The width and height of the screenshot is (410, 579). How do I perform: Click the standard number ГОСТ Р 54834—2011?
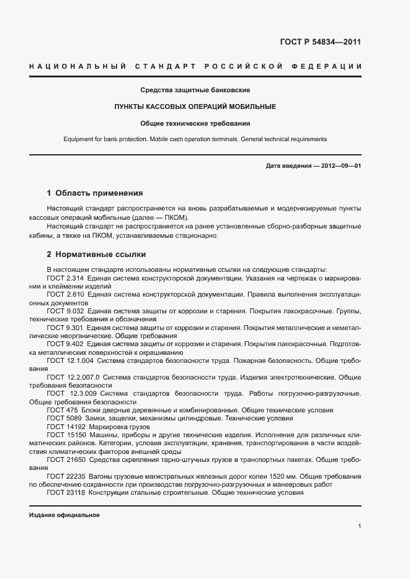[316, 43]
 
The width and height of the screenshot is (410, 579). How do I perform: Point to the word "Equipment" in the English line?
[78, 139]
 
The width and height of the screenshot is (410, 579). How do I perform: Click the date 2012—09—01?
[341, 167]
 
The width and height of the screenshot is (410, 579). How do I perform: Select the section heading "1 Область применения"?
[95, 193]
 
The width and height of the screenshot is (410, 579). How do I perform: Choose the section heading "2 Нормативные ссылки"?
[96, 255]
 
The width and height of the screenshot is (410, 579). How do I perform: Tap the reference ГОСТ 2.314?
[65, 278]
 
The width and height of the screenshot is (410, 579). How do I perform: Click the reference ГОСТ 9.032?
[65, 310]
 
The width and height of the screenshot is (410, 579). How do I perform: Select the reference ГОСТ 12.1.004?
[70, 360]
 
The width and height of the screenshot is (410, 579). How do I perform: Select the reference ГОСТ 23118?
[65, 492]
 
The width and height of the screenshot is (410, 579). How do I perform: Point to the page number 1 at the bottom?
[359, 526]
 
